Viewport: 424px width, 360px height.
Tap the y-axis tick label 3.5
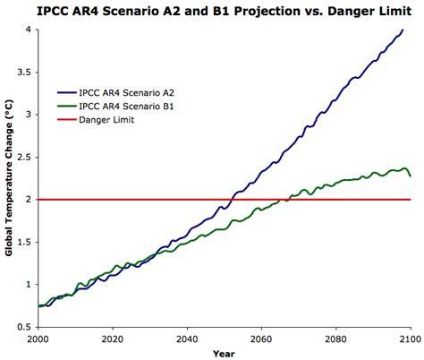24,73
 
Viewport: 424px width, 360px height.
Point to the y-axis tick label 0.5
24,327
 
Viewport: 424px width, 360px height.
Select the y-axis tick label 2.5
24,158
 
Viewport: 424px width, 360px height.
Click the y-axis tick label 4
29,30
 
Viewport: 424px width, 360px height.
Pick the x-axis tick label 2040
187,339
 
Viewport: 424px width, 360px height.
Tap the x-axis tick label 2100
411,339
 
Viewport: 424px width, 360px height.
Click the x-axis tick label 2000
38,339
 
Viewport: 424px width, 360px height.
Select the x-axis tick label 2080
336,339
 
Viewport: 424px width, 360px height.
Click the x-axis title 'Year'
224,355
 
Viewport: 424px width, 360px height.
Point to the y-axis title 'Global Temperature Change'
9,178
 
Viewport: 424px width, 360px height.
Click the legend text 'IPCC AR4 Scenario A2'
126,93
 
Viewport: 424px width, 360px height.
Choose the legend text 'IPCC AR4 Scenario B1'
126,107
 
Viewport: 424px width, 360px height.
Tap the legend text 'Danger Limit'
106,120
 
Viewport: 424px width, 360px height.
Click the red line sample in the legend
67,120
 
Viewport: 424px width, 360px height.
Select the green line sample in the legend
67,107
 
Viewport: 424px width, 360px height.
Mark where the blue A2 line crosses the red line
232,200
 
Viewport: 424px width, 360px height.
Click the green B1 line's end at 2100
411,176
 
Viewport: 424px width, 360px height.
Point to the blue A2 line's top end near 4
403,30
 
